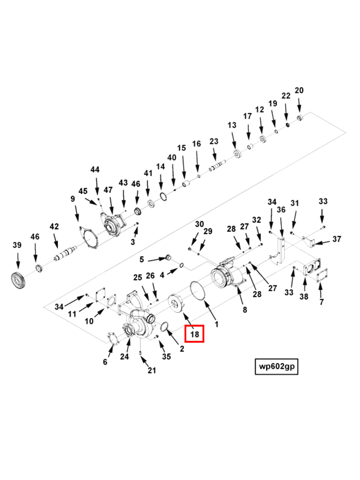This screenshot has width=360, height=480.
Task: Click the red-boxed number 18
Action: pos(195,334)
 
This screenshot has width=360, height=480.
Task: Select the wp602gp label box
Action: pos(276,366)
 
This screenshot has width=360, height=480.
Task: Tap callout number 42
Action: pos(54,227)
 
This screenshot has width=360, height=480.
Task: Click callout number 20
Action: pos(299,90)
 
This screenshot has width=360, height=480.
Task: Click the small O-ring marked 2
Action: pos(166,327)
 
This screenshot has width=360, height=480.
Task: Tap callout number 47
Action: pos(108,190)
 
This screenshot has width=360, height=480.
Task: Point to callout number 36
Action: pos(281,210)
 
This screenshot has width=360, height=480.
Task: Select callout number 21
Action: pos(151,370)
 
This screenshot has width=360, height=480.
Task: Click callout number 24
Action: pos(124,356)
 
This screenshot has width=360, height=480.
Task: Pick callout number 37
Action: pos(336,239)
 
